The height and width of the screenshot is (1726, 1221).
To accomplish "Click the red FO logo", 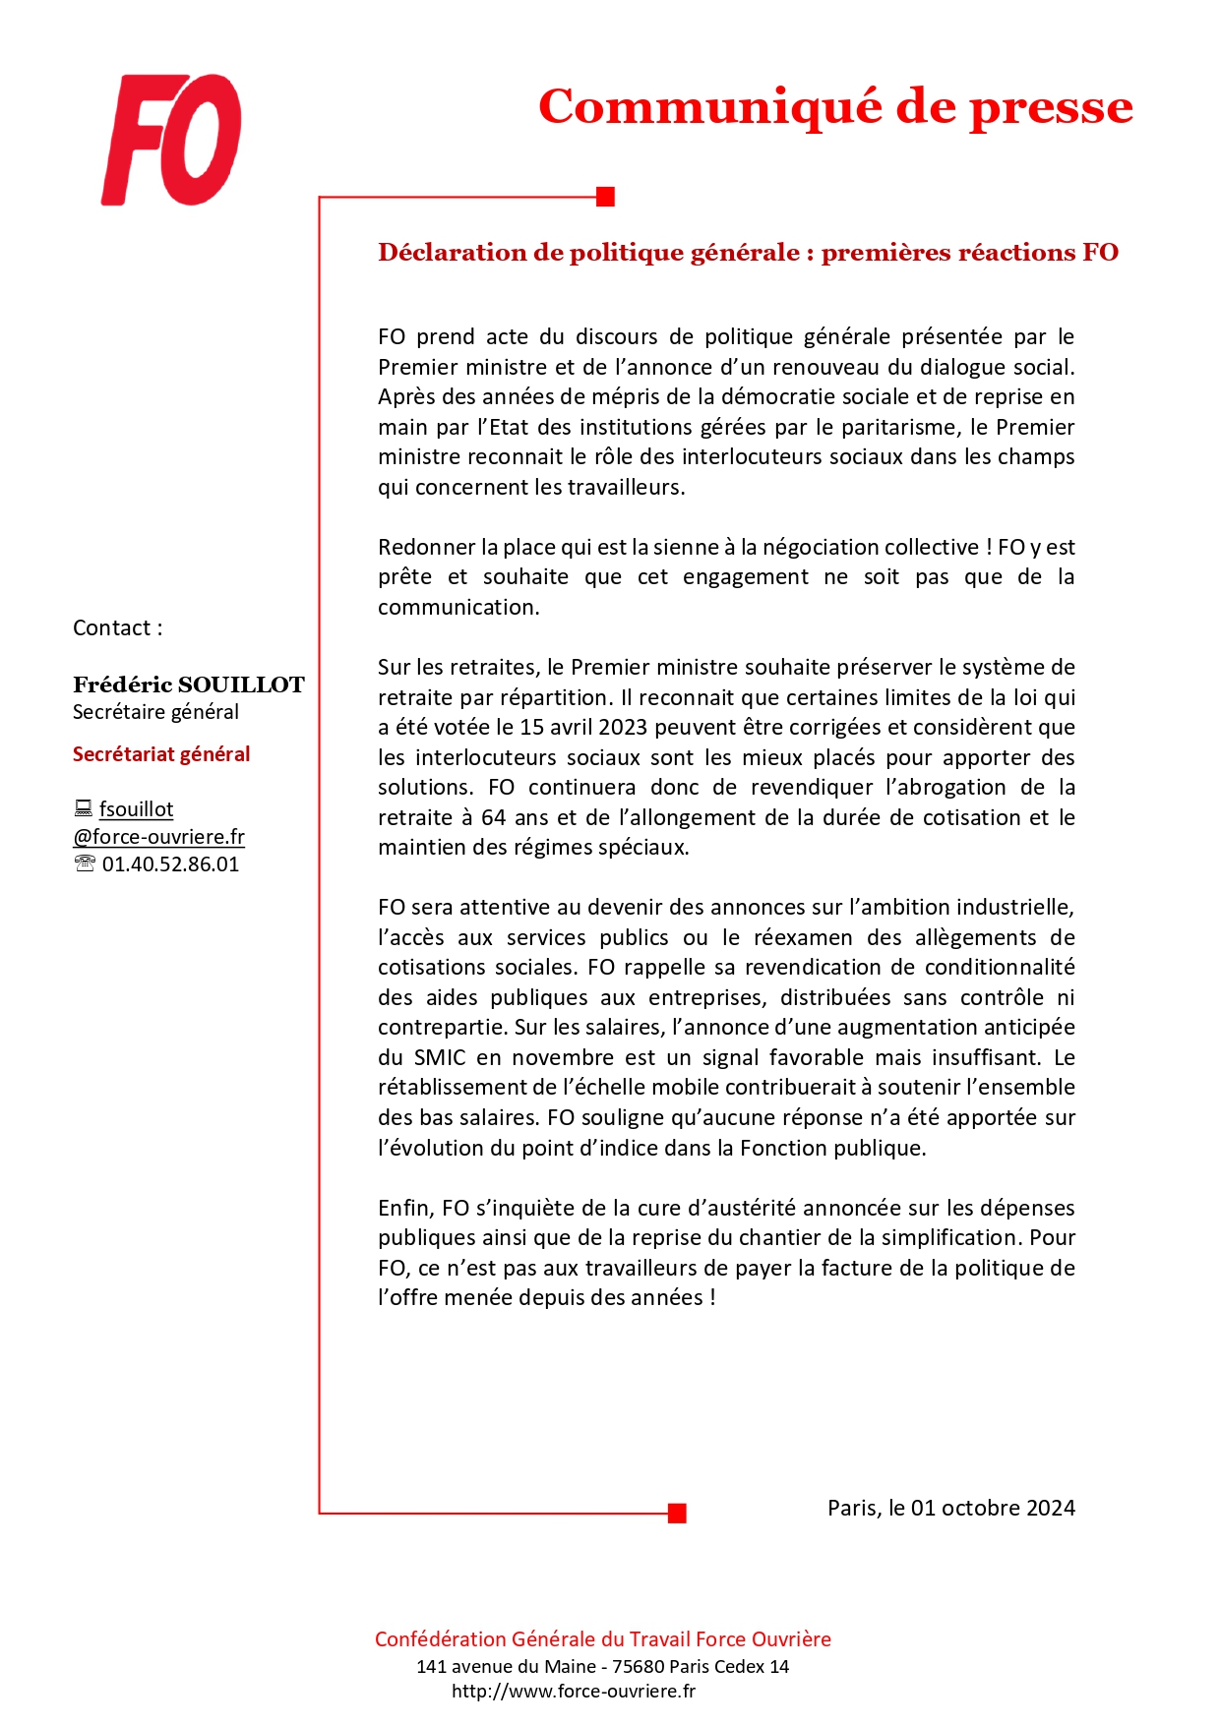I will tap(172, 140).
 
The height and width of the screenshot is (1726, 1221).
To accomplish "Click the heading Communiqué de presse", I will tap(835, 106).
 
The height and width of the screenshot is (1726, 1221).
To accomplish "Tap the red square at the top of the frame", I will tap(606, 197).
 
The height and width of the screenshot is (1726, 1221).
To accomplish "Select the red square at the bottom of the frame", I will tap(677, 1513).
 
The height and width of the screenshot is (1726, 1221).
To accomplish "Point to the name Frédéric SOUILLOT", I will tap(188, 684).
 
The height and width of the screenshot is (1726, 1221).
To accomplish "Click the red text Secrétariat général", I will tap(161, 754).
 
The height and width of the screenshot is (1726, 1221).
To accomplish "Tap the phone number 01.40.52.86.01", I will tap(170, 864).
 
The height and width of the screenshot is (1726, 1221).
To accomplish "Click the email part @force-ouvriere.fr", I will tap(158, 837).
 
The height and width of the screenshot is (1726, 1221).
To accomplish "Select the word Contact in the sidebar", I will tap(111, 628).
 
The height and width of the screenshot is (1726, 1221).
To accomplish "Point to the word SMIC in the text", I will tap(440, 1058).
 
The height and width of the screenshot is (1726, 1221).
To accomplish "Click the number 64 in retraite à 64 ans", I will tap(494, 818).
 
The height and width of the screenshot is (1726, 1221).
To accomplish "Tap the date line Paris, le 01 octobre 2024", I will tap(950, 1509).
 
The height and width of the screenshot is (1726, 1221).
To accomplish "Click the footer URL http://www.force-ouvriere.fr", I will tap(574, 1692).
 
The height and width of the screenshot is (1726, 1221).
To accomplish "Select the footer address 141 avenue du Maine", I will tap(505, 1667).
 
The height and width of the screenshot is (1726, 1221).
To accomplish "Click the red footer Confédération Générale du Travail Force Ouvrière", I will tap(602, 1639).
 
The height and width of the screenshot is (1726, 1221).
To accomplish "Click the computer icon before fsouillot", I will tap(84, 809).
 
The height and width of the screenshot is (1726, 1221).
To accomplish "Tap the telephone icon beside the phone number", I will tap(85, 864).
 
